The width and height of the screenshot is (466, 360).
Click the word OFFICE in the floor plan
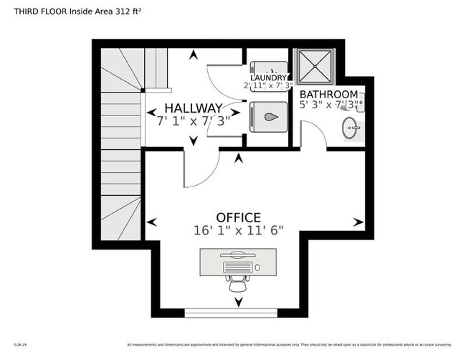click(239, 217)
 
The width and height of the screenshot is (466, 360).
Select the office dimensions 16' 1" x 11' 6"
click(239, 230)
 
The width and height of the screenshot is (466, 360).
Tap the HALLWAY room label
click(189, 108)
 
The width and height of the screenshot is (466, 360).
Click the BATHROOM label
click(328, 95)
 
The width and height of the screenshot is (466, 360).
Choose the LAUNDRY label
click(269, 78)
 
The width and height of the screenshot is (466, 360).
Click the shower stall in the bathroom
click(314, 66)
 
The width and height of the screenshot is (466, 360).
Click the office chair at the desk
click(238, 273)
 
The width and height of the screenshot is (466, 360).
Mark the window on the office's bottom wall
click(231, 312)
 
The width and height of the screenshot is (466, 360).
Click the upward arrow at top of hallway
click(191, 55)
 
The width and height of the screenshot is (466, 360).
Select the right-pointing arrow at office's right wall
click(358, 222)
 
